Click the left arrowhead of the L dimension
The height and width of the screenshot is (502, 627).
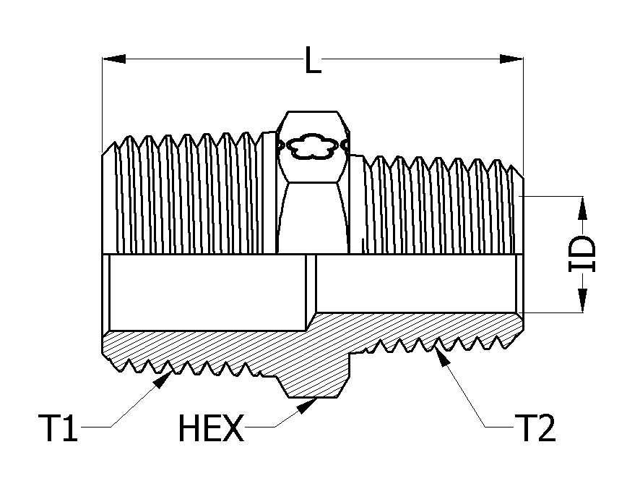coord(113,59)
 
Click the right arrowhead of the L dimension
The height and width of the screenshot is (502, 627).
coord(511,59)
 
